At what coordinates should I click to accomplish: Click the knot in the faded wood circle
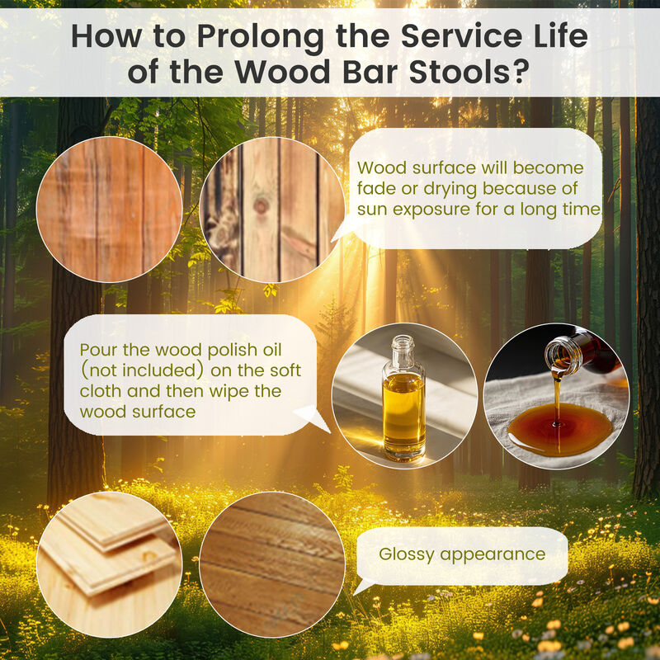coord(261,205)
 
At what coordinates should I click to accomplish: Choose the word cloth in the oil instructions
coord(100,391)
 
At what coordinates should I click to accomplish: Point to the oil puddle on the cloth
coord(560,428)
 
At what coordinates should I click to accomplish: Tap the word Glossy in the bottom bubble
coord(406,554)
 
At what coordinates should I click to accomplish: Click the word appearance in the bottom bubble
coord(493,555)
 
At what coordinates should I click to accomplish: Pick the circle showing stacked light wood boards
coord(110,564)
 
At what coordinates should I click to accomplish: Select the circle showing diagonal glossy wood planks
coord(272,564)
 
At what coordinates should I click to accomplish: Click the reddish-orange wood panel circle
coord(110,210)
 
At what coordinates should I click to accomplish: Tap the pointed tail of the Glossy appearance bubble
coord(356,592)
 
